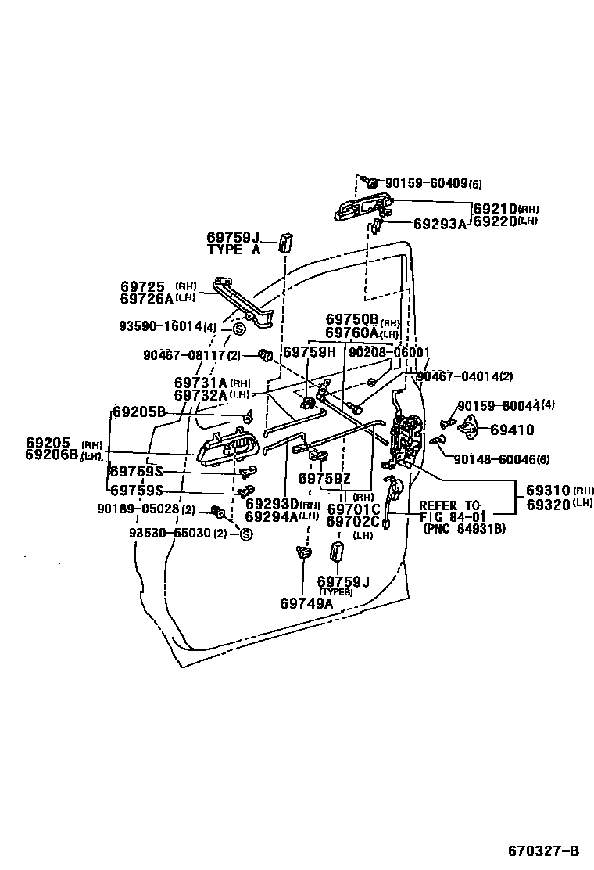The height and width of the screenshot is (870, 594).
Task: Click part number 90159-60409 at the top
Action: pos(427,184)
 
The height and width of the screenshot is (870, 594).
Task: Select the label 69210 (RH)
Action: pos(496,210)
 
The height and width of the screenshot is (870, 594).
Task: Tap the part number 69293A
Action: pos(439,224)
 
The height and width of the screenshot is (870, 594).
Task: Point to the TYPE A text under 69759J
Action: pos(233,250)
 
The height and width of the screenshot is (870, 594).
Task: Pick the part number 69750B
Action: pos(352,320)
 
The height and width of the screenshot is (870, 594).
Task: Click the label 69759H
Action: pos(309,353)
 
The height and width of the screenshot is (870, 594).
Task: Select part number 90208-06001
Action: pos(389,353)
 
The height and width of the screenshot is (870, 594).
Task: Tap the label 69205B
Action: pos(139,412)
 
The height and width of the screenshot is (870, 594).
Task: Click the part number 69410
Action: pos(512,430)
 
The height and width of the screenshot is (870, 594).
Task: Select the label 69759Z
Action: pos(324,478)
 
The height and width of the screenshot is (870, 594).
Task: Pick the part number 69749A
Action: pos(306,602)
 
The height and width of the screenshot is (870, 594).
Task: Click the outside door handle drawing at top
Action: pos(363,209)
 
